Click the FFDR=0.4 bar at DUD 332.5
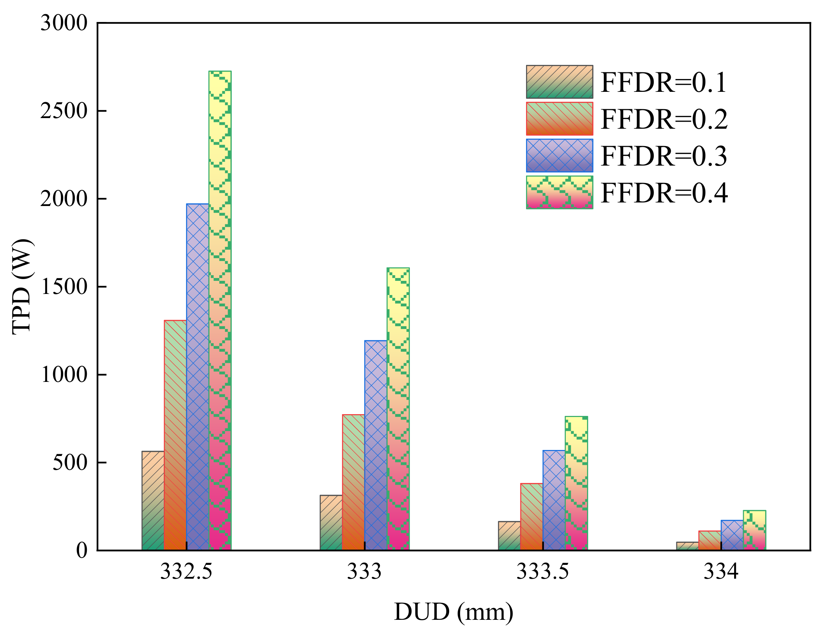pos(220,310)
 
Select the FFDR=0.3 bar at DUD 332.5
pos(198,377)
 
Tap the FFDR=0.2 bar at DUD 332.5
pos(175,435)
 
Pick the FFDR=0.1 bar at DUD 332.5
pos(153,501)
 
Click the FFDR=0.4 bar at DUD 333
pos(398,409)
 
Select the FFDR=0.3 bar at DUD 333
pos(376,445)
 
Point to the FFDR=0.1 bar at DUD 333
pos(331,523)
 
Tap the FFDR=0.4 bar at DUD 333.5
pos(576,483)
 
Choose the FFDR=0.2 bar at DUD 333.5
pos(531,517)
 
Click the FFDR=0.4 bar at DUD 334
pos(754,530)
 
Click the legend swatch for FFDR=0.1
pos(559,82)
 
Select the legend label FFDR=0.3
pos(664,156)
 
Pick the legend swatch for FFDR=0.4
pos(559,192)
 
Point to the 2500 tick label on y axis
pos(64,111)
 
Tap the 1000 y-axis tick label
pos(64,374)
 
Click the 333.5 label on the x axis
pos(542,572)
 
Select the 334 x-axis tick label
pos(721,572)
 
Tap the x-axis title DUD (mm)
pos(453,612)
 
